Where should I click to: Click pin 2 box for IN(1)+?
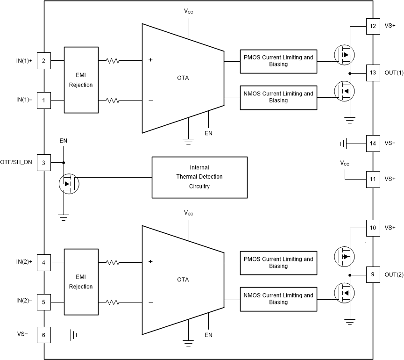tap(43, 61)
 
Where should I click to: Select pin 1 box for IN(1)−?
tap(43, 100)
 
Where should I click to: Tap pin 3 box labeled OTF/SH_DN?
tap(43, 162)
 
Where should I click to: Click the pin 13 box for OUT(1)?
tap(373, 72)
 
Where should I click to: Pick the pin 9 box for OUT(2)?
tap(373, 274)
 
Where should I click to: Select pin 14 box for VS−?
tap(373, 143)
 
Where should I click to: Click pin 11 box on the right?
tap(373, 179)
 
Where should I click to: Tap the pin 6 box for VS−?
tap(43, 334)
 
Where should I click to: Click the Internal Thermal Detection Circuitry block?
tap(199, 177)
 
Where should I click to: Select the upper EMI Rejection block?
tap(81, 79)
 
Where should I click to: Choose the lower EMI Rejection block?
tap(81, 281)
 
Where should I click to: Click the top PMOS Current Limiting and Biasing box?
tap(278, 61)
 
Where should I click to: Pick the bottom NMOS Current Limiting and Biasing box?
tap(278, 299)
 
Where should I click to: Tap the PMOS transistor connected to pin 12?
tap(344, 54)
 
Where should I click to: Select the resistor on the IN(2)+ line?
tap(113, 262)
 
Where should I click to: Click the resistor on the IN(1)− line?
tap(113, 100)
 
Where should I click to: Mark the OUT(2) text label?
tap(393, 274)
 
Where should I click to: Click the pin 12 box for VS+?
tap(373, 26)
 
